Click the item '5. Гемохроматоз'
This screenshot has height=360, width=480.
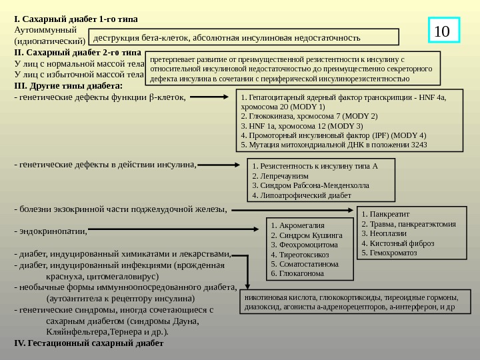pos(388,253)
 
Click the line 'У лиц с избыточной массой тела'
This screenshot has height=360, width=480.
pos(74,74)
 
